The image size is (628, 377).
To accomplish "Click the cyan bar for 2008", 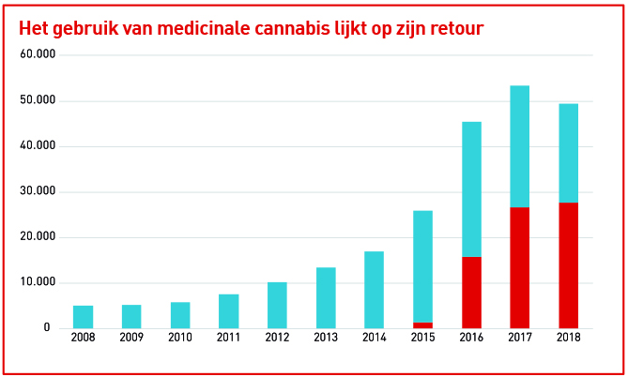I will click(83, 317).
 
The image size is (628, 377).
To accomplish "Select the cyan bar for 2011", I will click(228, 311).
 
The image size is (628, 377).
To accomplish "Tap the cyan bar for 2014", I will click(374, 290).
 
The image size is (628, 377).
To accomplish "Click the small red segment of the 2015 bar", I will click(422, 325).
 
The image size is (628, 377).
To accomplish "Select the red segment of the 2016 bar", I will click(471, 293).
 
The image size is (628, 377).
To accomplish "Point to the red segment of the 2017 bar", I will click(519, 267).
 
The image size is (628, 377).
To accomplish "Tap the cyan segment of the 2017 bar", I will click(519, 146).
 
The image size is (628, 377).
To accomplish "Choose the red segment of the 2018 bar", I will click(568, 265).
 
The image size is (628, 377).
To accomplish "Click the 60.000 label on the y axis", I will click(38, 54).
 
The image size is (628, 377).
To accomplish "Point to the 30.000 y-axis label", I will click(38, 191).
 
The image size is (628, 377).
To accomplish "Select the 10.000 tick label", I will click(38, 282).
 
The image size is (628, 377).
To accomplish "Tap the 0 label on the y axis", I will click(46, 328).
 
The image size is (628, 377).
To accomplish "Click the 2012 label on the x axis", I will click(277, 339).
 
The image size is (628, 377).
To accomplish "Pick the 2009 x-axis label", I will click(131, 339).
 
